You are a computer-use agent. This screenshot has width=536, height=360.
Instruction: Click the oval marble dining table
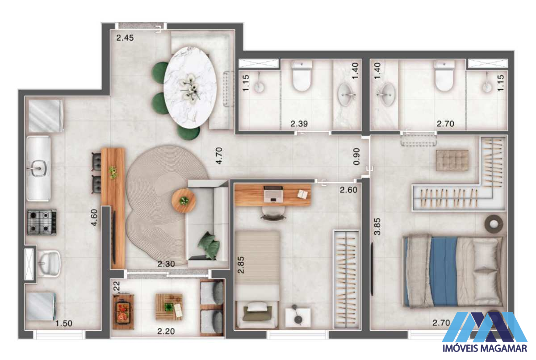(190, 88)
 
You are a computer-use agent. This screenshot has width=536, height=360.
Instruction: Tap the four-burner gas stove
(42, 222)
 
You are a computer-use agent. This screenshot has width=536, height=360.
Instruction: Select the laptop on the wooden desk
(273, 193)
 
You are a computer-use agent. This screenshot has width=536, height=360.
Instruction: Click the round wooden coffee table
(184, 201)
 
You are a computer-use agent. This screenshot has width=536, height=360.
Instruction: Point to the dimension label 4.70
(219, 156)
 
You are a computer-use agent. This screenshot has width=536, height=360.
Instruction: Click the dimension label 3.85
(377, 226)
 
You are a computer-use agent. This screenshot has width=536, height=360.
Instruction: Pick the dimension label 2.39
(299, 124)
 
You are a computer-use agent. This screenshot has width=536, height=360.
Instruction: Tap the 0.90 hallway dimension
(356, 156)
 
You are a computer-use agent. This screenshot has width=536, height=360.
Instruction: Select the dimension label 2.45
(125, 38)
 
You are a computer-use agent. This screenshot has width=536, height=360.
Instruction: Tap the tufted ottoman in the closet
(452, 160)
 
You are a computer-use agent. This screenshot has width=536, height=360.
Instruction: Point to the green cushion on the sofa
(209, 246)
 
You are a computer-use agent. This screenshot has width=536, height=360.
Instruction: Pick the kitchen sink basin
(38, 168)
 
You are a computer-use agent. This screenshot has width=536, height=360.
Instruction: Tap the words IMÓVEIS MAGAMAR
(485, 348)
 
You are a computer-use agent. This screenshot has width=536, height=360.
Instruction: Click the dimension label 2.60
(348, 190)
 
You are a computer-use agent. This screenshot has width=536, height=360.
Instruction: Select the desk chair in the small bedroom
(273, 213)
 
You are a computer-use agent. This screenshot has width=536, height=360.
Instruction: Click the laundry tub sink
(49, 264)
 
